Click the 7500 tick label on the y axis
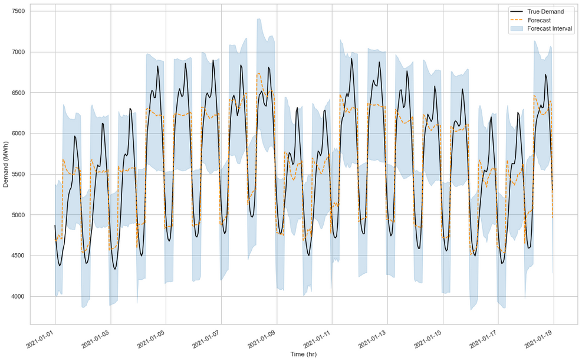[x=16, y=12]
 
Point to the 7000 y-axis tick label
[x=16, y=53]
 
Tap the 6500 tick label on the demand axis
[x=16, y=93]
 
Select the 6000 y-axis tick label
[x=16, y=134]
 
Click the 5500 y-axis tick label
[x=16, y=175]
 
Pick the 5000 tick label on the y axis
[x=16, y=215]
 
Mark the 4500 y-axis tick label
[x=16, y=256]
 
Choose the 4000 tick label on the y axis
[x=16, y=297]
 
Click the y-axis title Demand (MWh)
[x=6, y=164]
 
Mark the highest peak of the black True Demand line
[x=351, y=58]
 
